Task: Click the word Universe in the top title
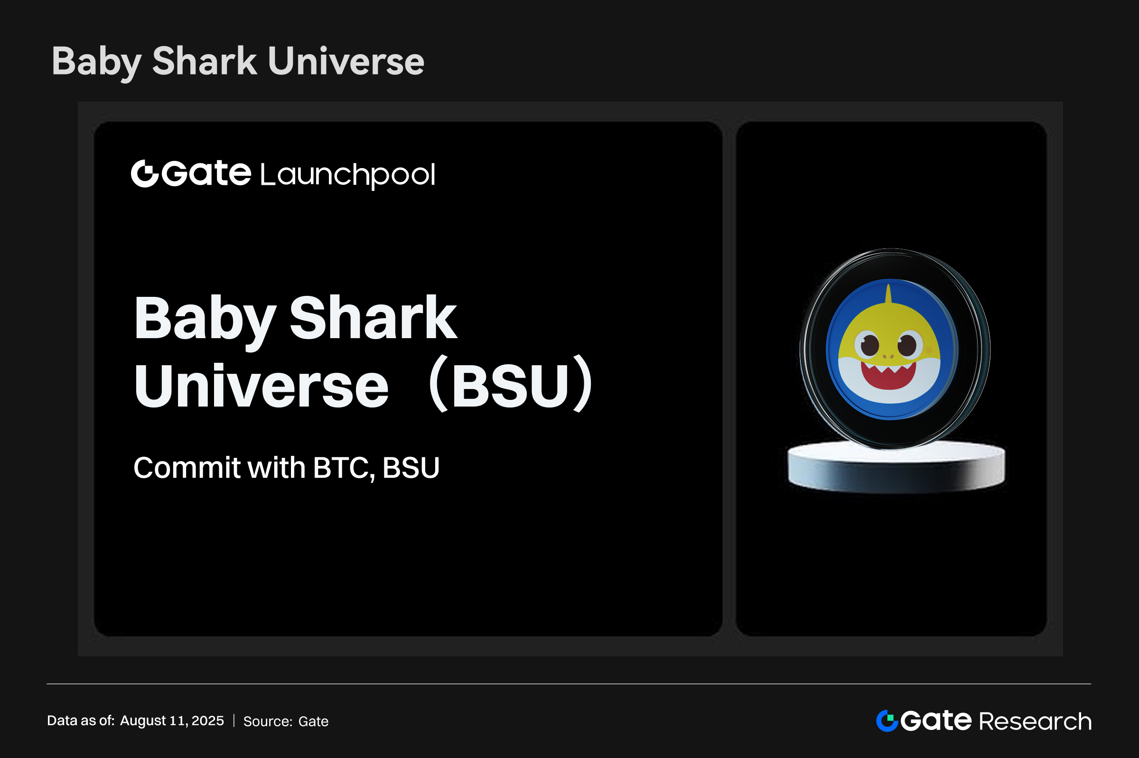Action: [346, 61]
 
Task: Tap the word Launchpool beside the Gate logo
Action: [348, 174]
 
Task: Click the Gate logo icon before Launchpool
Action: [145, 173]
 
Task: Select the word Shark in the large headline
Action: [373, 318]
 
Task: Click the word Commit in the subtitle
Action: [187, 467]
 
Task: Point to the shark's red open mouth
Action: [888, 377]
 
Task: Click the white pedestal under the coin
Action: [896, 466]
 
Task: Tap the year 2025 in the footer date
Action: [208, 721]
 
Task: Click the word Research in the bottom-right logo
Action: [1035, 722]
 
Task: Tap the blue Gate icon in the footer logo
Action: [887, 721]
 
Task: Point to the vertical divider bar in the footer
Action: [234, 721]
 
